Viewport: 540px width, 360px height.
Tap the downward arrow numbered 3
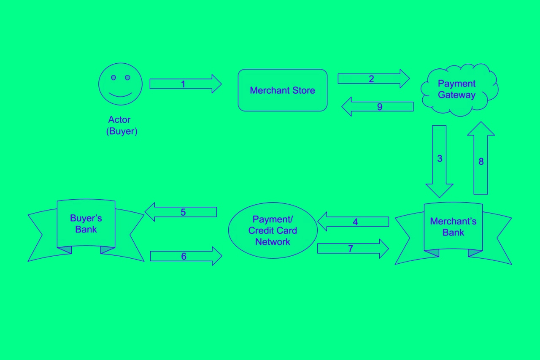coord(440,160)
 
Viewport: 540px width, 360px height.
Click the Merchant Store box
coord(283,90)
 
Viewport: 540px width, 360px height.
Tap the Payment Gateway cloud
coord(459,89)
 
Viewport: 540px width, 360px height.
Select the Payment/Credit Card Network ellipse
coord(273,230)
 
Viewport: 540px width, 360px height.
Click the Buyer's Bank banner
coord(86,224)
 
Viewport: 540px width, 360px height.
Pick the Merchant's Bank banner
coord(453,227)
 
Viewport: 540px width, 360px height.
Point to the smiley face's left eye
coord(113,78)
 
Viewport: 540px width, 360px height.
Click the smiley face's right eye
coord(127,78)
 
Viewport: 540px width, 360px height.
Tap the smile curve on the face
coord(120,95)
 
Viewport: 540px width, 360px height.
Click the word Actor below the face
coord(119,120)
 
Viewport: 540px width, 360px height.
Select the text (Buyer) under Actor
coord(122,131)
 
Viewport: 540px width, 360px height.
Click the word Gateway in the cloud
coord(456,95)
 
